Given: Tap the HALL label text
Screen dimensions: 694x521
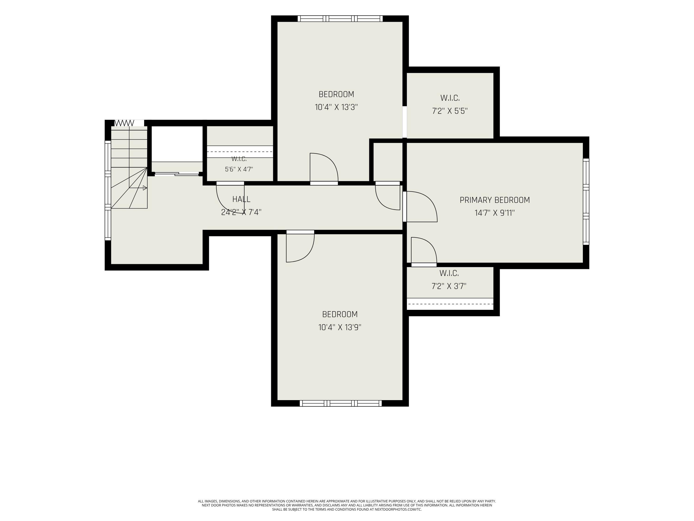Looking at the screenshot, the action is pos(241,199).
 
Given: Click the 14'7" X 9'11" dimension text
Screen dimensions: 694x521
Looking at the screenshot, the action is pos(495,213).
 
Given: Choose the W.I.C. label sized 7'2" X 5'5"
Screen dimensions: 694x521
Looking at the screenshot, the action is pos(450,98).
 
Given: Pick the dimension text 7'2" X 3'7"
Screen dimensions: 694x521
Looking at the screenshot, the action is pos(449,286).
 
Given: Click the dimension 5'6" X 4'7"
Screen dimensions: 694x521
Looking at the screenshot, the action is pos(239,169).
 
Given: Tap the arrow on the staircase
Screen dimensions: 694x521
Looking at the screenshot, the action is pos(138,188).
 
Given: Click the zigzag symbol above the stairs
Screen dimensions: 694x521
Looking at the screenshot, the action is pos(124,123).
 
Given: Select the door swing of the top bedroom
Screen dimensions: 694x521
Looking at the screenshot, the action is pos(324,167).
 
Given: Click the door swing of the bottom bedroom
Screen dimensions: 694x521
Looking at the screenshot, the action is pos(300,248).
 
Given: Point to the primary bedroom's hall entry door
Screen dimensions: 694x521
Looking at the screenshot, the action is pos(420,207).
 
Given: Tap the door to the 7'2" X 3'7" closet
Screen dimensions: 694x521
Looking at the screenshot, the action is pos(424,250).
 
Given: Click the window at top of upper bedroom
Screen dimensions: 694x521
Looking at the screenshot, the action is pos(340,19).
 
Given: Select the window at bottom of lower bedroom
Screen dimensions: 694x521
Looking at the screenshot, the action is pos(341,403).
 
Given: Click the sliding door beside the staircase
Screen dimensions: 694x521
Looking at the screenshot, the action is pos(177,174).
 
